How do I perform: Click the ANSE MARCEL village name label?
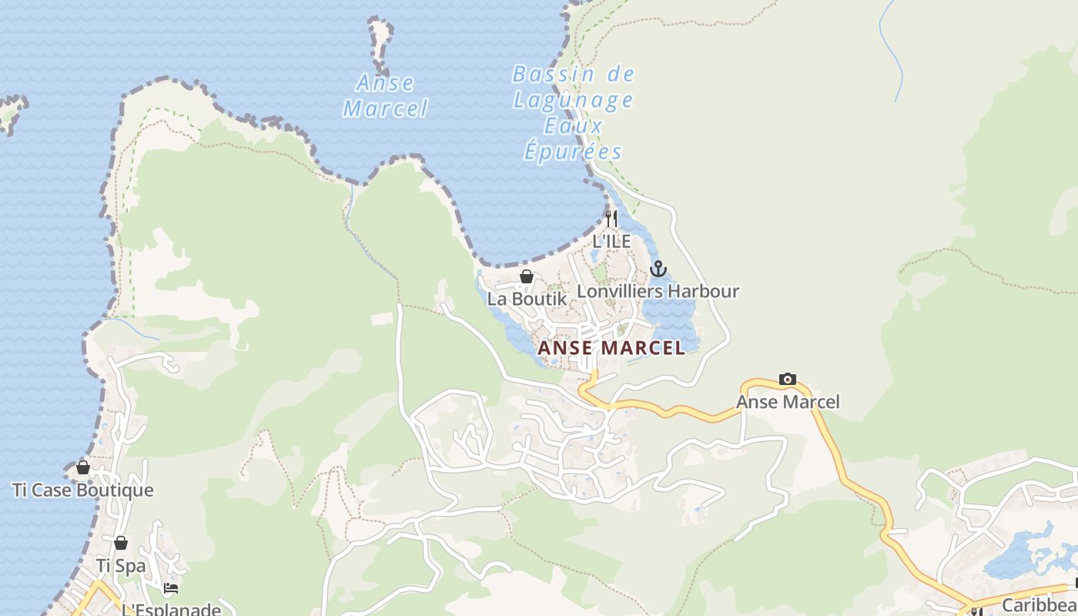point(611,348)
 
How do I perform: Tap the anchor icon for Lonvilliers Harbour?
point(658,269)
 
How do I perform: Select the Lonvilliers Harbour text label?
point(658,291)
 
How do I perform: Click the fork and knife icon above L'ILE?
point(611,219)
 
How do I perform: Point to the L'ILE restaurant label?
point(611,241)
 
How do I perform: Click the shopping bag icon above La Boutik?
point(527,276)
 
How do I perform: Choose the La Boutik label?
point(527,299)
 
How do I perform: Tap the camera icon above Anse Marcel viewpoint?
point(788,379)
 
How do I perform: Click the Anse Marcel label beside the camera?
point(788,401)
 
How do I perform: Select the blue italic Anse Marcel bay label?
point(385,95)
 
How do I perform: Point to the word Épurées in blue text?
point(573,151)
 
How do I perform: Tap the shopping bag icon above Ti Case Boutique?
point(83,467)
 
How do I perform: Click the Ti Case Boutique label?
point(83,490)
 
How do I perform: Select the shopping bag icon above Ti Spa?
point(121,543)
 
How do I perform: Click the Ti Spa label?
point(121,565)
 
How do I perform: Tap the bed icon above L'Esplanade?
point(171,588)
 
